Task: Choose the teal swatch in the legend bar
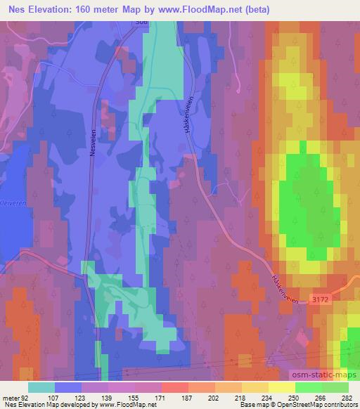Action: [x=41, y=387]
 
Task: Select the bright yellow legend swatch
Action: [x=282, y=387]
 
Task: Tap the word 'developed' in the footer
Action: [x=78, y=405]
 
